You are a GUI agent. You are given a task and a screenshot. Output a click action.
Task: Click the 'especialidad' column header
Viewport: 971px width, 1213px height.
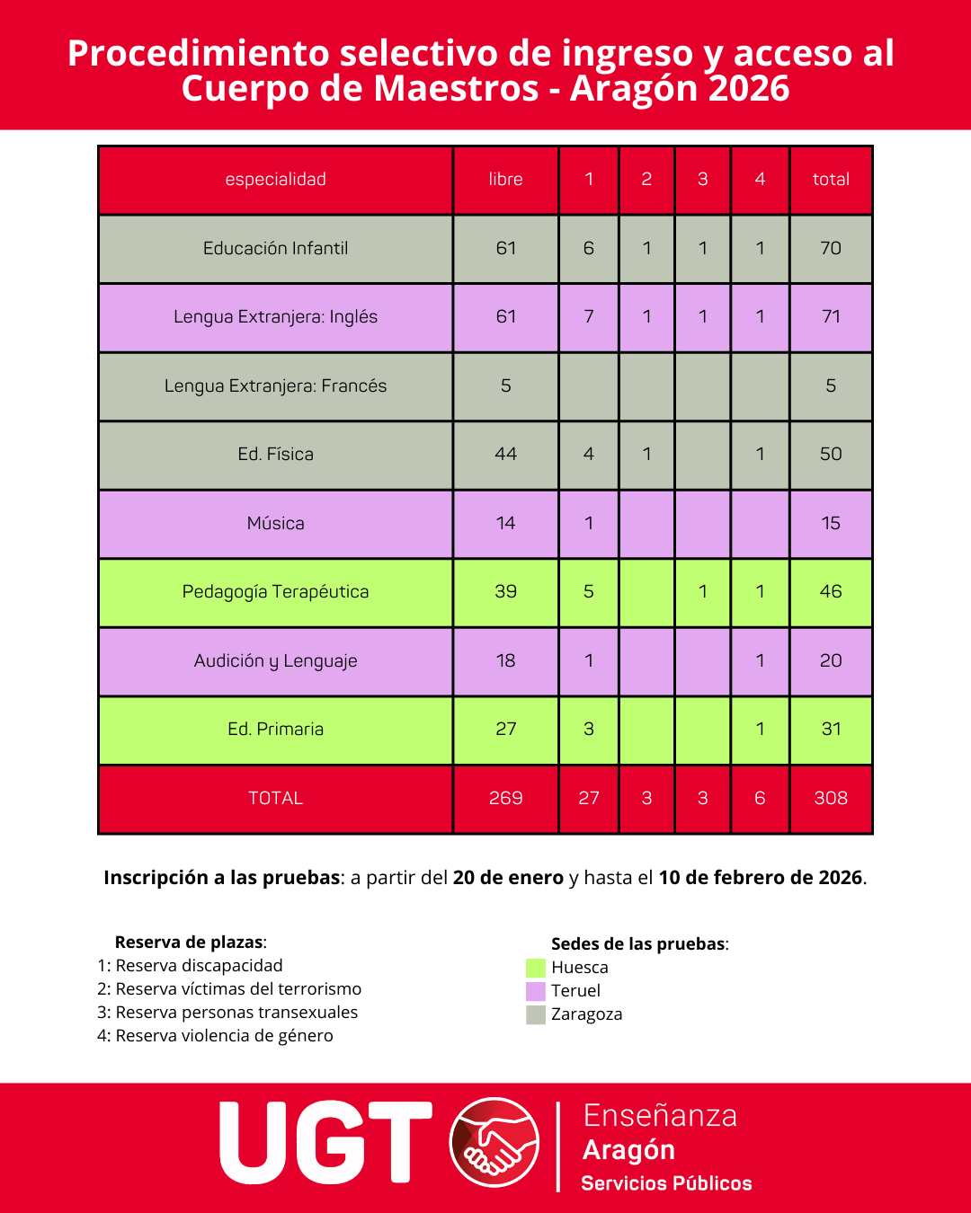275,179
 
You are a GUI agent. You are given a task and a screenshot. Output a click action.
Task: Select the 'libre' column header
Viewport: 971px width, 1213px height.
505,179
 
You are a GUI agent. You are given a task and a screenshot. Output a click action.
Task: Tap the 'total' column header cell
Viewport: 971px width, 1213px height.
831,179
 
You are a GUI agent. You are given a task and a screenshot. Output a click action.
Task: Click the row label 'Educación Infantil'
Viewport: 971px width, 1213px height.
275,248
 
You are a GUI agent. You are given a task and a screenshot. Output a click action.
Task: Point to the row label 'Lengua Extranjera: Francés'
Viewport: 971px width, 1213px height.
275,385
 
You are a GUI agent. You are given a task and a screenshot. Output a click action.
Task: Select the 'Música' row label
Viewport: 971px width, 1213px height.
275,523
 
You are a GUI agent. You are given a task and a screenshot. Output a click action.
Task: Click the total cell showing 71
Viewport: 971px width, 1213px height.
831,316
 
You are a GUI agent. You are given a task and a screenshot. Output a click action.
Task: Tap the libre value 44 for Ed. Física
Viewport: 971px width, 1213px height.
505,454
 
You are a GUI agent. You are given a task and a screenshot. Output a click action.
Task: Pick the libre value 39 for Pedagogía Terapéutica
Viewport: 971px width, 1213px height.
505,591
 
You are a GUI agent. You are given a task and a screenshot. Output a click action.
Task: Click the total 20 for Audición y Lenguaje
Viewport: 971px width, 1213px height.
831,660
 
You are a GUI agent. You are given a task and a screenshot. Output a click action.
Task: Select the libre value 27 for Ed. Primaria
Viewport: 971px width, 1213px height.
505,729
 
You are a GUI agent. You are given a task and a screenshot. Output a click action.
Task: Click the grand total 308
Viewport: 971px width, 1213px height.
831,798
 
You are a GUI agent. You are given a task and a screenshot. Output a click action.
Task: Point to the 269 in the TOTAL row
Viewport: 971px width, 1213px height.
505,798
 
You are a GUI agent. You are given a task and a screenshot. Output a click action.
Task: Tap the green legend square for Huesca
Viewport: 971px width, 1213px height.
536,968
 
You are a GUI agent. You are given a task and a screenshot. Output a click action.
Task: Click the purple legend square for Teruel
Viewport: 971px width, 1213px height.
536,991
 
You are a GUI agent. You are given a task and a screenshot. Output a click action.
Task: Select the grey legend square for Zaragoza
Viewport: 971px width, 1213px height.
536,1014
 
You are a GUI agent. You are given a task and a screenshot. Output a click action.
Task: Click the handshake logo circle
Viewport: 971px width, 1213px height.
494,1143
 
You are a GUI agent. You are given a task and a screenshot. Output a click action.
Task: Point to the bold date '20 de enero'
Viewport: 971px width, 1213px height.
508,878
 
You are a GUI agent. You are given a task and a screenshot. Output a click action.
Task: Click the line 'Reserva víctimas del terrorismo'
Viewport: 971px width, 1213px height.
229,989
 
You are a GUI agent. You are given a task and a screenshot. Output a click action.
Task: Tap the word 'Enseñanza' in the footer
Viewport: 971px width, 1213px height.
660,1115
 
